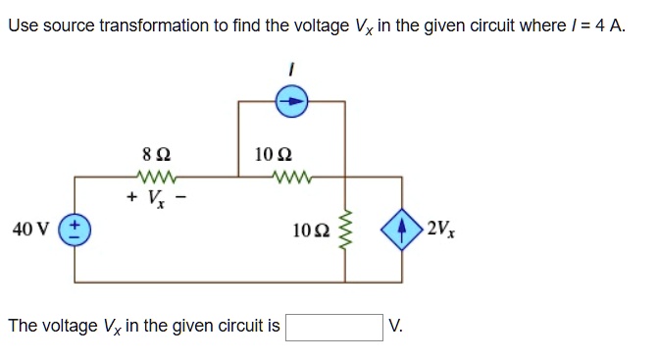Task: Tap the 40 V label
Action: point(31,230)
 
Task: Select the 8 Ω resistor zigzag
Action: point(158,177)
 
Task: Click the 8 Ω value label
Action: point(158,154)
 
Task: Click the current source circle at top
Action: point(293,99)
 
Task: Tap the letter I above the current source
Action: point(292,69)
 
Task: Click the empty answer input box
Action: point(334,326)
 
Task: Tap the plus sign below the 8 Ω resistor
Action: point(130,196)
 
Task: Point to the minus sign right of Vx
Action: point(182,196)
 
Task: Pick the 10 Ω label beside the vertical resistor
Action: point(311,230)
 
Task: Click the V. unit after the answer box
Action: point(395,326)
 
